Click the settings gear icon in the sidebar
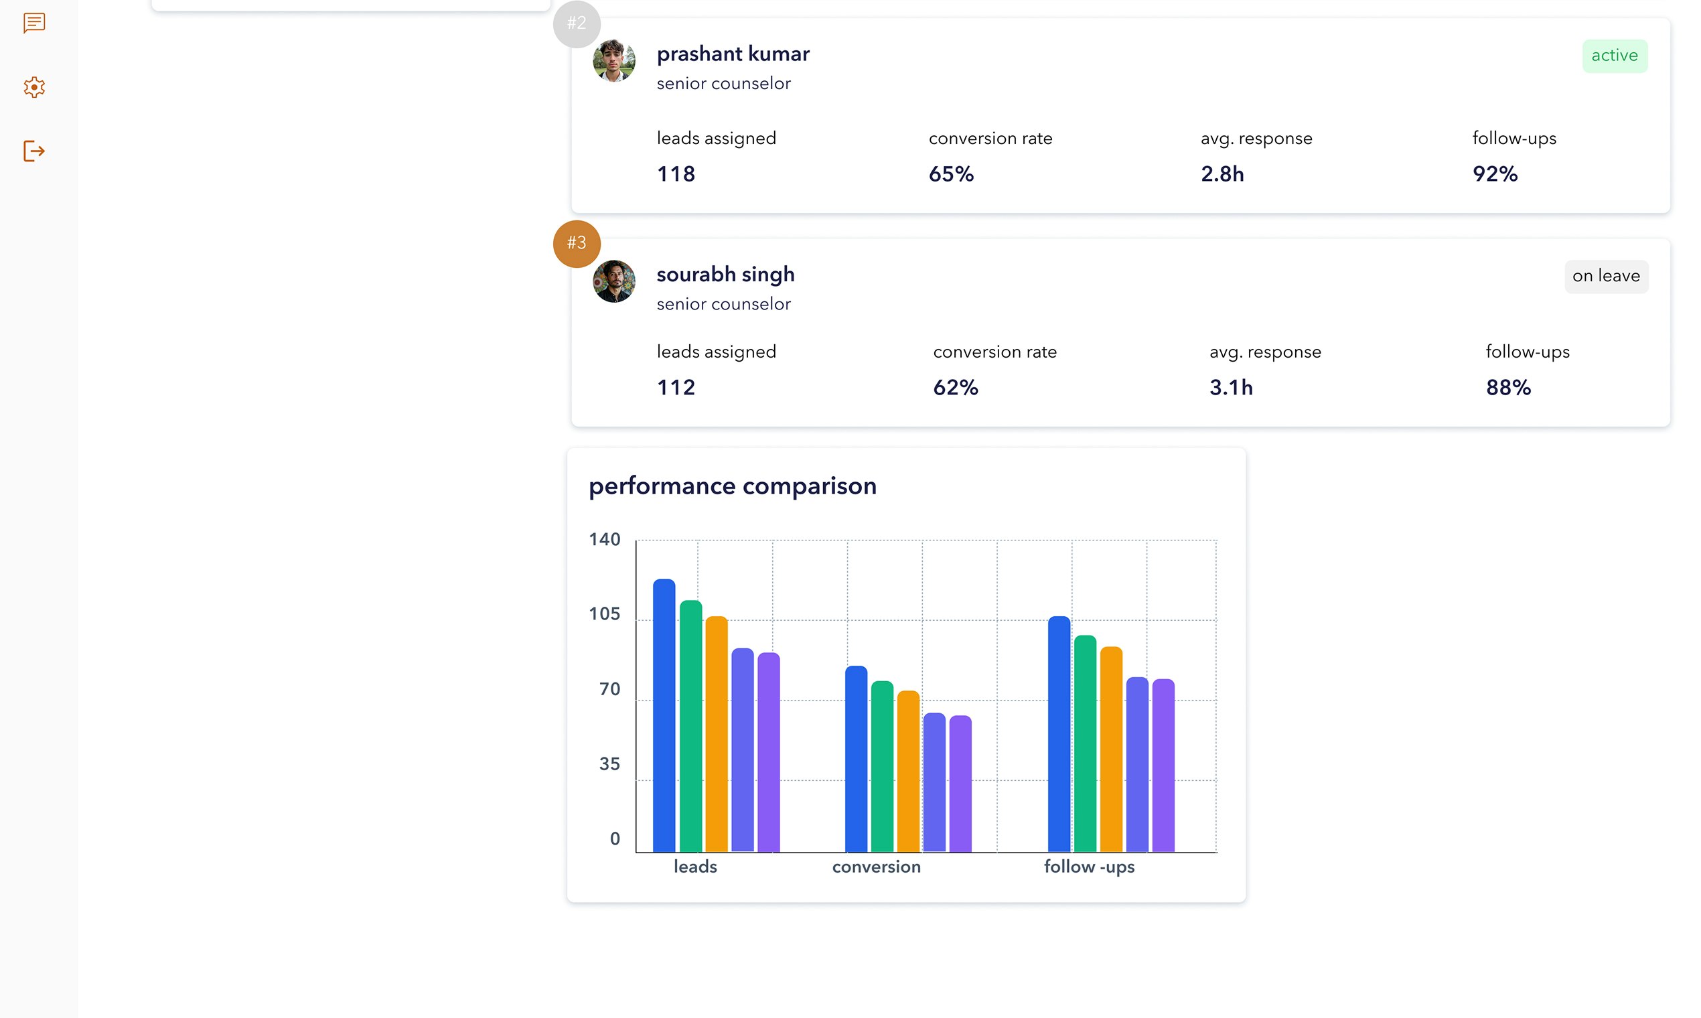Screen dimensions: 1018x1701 coord(34,87)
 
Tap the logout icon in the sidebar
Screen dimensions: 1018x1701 coord(34,151)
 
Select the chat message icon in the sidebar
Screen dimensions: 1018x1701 coord(34,23)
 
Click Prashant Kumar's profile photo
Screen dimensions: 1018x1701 coord(614,60)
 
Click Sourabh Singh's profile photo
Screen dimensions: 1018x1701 coord(614,281)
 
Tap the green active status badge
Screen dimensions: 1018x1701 coord(1614,56)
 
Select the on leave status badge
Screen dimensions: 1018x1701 coord(1606,277)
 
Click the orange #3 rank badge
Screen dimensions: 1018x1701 coord(576,243)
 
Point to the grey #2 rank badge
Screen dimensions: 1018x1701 coord(576,23)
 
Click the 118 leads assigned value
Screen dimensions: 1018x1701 coord(676,174)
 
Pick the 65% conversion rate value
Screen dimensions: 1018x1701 coord(951,174)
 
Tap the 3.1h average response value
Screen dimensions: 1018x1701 coord(1230,388)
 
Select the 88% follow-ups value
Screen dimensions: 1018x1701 coord(1507,388)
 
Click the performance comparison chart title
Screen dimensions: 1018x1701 coord(732,486)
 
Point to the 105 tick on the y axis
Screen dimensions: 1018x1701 coord(604,614)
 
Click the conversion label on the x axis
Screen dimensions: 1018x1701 coord(876,867)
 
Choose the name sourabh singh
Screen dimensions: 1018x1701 coord(725,275)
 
